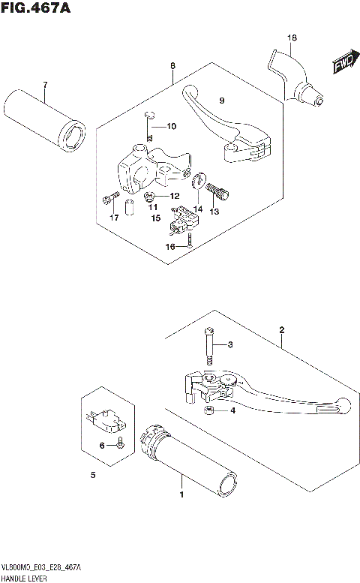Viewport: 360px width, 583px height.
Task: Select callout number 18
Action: pyautogui.click(x=292, y=37)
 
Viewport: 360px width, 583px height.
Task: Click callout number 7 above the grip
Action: pyautogui.click(x=44, y=84)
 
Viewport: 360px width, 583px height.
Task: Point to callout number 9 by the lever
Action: pyautogui.click(x=221, y=101)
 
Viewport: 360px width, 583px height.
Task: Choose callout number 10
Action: pyautogui.click(x=171, y=126)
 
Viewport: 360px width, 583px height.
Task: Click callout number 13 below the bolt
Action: pyautogui.click(x=214, y=212)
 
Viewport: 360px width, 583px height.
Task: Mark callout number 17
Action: pyautogui.click(x=114, y=218)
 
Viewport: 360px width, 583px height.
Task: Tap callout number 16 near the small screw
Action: pyautogui.click(x=171, y=245)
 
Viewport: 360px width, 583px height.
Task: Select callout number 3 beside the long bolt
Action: pyautogui.click(x=231, y=345)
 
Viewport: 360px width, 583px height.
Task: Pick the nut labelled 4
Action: pyautogui.click(x=209, y=411)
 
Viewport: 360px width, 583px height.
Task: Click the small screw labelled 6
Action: pyautogui.click(x=120, y=446)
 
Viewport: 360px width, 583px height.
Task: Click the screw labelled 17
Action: pyautogui.click(x=110, y=199)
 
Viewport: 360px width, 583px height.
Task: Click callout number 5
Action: pyautogui.click(x=93, y=475)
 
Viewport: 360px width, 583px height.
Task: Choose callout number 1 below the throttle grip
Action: pyautogui.click(x=181, y=495)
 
